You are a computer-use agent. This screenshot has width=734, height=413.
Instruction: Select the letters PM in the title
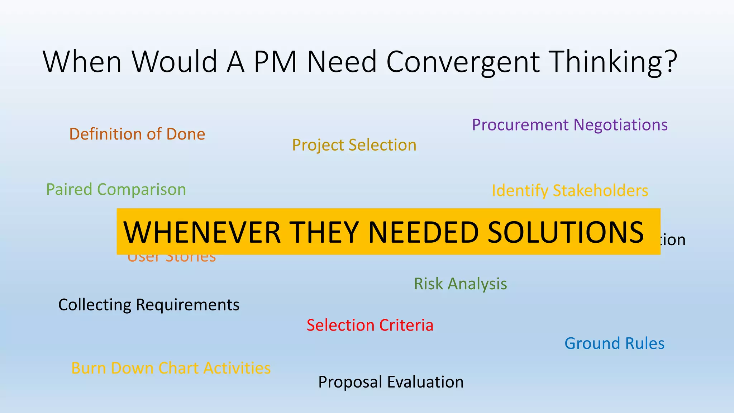[x=275, y=62]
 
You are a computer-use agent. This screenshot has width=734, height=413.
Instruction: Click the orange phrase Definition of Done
[x=137, y=134]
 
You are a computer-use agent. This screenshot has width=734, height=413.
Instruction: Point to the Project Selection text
[x=354, y=145]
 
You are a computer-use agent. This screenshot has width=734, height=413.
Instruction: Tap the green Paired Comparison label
[x=116, y=189]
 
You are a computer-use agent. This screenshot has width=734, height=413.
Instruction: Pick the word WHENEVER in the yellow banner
[x=202, y=232]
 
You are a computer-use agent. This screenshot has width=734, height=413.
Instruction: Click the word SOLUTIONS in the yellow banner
[x=566, y=232]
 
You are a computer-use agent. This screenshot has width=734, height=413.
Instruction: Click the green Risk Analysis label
[x=461, y=284]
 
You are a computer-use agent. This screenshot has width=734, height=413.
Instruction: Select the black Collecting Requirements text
[x=149, y=305]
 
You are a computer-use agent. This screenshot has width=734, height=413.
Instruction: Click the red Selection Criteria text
[x=370, y=325]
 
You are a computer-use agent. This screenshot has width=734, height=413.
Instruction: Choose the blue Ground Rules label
[x=614, y=343]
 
